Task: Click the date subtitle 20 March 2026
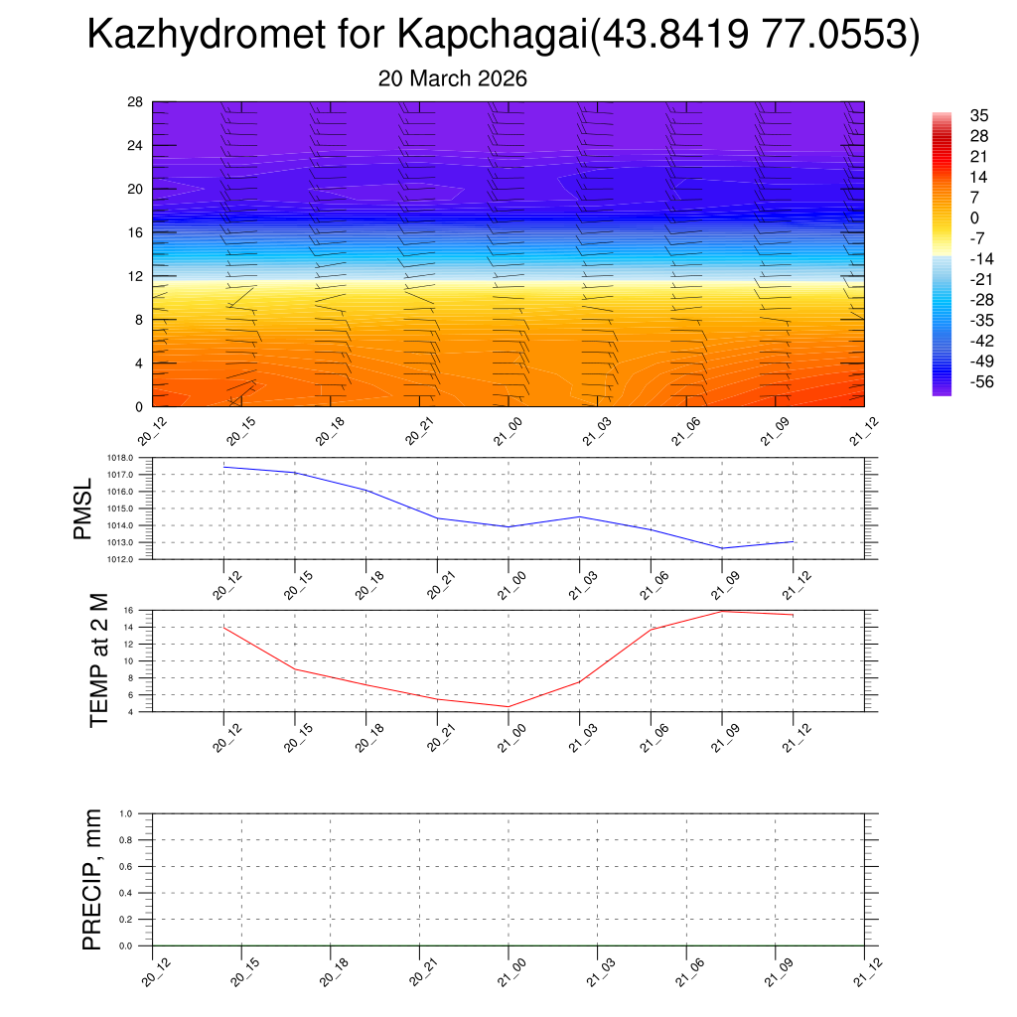(452, 78)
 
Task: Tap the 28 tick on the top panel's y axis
(135, 102)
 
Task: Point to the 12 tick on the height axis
(135, 276)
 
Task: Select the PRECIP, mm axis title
(92, 880)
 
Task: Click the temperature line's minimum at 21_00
(508, 706)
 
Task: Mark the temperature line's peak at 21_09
(722, 611)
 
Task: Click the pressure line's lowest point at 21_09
(722, 548)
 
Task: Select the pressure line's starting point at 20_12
(223, 466)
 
